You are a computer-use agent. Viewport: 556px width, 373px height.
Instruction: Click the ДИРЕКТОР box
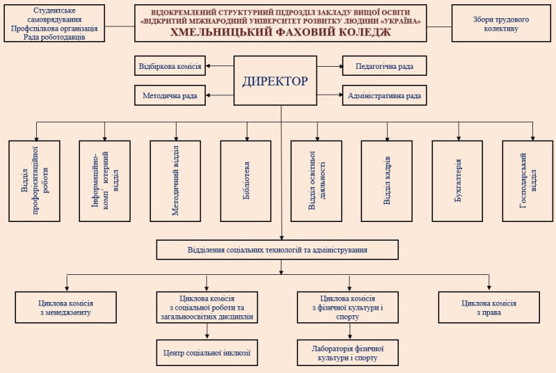275,81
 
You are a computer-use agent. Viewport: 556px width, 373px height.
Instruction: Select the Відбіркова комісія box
170,67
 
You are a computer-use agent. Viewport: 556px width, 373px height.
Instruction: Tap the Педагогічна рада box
384,66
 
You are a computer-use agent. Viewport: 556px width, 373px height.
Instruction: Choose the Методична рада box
170,95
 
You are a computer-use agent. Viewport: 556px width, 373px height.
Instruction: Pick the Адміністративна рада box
384,95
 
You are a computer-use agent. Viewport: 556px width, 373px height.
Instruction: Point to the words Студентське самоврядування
54,16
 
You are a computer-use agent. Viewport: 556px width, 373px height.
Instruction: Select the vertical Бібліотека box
245,181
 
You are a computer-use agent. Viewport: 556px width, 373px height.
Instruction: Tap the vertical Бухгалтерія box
457,181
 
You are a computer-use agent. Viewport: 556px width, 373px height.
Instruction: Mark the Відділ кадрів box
386,181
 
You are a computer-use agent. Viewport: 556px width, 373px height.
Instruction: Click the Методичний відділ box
175,181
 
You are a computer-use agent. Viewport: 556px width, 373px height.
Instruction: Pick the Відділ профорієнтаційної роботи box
34,181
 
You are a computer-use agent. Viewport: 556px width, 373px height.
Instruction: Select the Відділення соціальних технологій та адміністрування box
277,250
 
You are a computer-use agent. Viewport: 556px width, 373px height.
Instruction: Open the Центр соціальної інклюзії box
208,352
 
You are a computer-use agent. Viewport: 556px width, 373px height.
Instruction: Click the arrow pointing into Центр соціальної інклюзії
208,335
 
